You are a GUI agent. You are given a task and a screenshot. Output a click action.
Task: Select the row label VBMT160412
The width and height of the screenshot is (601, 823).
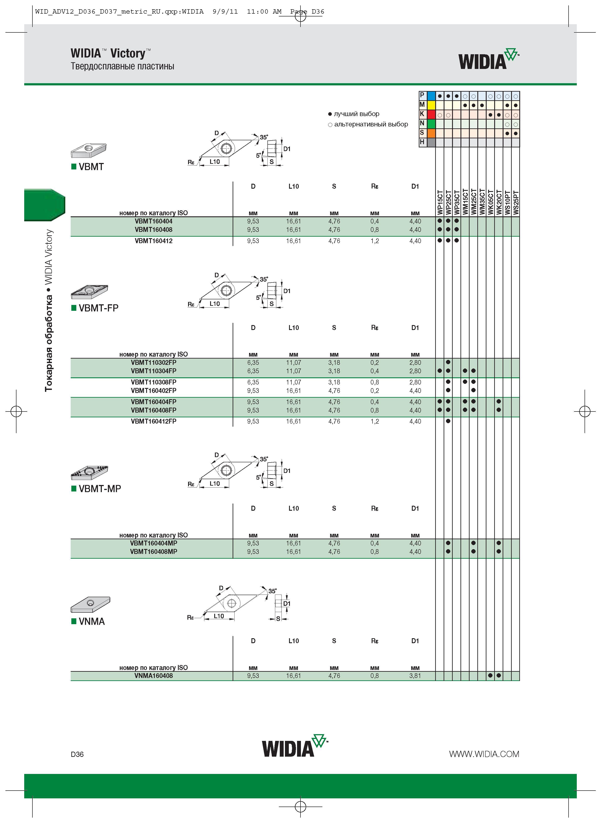153,241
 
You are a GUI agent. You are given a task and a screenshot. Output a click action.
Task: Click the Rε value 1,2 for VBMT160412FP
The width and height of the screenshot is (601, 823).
374,421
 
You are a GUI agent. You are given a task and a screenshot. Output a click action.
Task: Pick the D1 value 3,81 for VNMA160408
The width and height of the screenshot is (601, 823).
415,675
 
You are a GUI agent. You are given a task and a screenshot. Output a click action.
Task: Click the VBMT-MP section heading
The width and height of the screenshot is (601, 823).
100,488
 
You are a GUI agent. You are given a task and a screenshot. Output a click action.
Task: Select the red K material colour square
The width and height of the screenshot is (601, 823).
431,114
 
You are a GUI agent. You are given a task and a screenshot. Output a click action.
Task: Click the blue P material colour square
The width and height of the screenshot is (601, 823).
431,96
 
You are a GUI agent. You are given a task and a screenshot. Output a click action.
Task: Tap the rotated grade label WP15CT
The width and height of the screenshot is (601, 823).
440,203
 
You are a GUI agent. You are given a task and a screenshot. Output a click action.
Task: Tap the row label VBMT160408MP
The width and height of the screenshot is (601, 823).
153,551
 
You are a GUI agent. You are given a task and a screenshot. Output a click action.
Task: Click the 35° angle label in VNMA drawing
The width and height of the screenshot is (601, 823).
272,591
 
